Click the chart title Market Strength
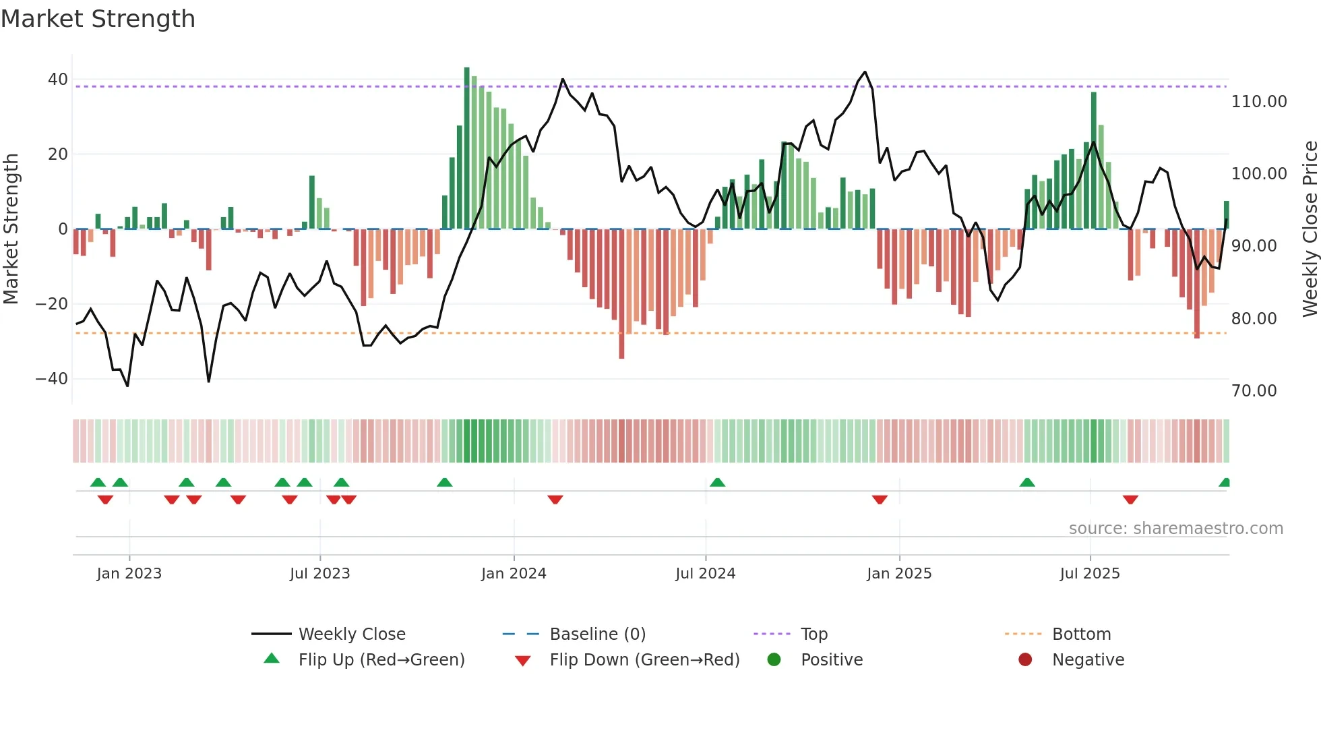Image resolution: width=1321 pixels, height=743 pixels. coord(98,19)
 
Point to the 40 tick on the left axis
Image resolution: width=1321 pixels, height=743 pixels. coord(57,80)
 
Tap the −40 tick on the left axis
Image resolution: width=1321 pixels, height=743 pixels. coord(51,379)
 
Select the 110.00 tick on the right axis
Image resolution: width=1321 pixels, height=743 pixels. coord(1258,102)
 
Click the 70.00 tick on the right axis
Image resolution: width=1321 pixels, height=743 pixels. coord(1254,391)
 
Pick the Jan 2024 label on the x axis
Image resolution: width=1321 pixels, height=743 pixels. coord(514,574)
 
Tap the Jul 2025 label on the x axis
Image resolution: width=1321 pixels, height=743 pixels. coord(1089,574)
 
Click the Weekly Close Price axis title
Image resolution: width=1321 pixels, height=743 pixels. coord(1310,229)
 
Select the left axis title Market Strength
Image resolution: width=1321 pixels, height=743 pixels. coord(11,229)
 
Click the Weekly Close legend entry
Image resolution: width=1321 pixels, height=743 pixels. coord(351,634)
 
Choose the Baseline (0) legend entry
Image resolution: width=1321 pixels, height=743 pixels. coord(597,634)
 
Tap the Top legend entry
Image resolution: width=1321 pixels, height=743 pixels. coord(813,634)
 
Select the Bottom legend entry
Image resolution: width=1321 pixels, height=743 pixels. coord(1081,634)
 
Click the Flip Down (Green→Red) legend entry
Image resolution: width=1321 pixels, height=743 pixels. coord(644,660)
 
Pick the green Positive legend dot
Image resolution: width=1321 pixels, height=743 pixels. coord(774,660)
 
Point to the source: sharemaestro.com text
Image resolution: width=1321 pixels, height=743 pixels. coord(1175,529)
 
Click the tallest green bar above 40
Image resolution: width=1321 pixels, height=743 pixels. coord(466,148)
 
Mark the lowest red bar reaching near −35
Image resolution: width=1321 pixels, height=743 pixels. coord(621,293)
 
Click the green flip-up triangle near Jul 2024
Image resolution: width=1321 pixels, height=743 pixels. coord(717,482)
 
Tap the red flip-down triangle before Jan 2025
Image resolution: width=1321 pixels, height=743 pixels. coord(880,500)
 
